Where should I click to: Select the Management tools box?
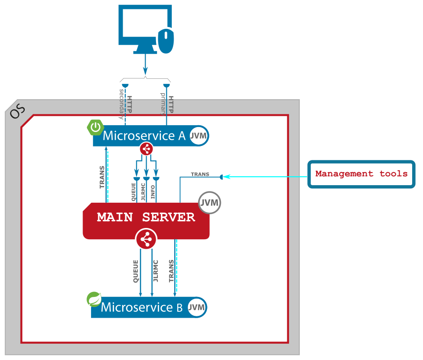point(361,174)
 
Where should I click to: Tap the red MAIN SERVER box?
point(146,217)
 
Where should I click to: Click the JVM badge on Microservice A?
point(198,136)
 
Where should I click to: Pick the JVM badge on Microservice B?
point(197,307)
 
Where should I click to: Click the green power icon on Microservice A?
point(95,128)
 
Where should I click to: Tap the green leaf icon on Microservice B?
point(94,299)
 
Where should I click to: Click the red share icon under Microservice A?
point(146,149)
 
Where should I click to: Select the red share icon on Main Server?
point(146,239)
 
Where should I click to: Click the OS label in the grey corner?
point(18,111)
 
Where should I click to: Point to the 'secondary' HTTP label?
point(121,104)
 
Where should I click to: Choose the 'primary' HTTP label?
point(163,104)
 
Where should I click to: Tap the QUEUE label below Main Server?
point(136,271)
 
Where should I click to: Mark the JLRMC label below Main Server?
point(156,271)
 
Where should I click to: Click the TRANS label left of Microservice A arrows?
point(102,177)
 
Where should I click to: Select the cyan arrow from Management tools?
point(266,177)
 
